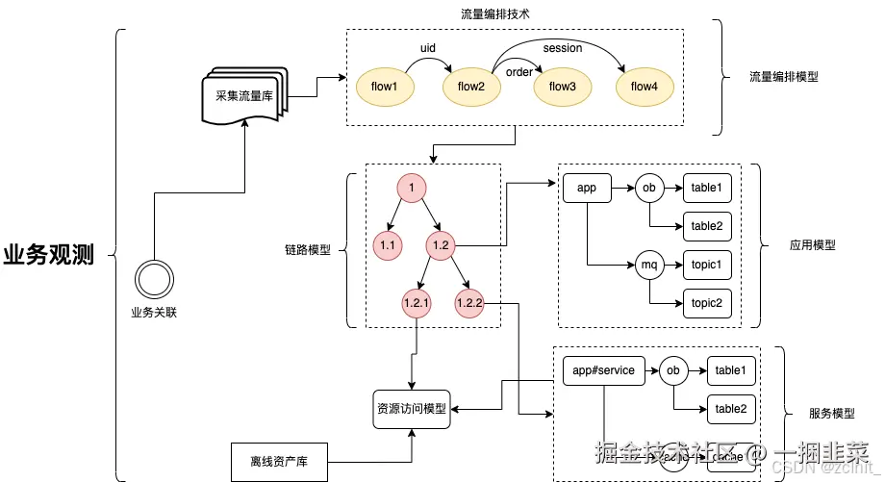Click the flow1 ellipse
click(x=385, y=87)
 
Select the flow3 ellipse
click(x=562, y=87)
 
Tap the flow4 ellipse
click(x=644, y=87)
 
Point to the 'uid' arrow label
click(x=429, y=47)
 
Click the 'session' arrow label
click(x=562, y=48)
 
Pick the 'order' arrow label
click(x=519, y=72)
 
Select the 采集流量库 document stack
click(x=244, y=96)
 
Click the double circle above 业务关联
click(x=153, y=278)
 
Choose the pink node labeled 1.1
click(x=389, y=246)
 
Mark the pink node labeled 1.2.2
click(x=468, y=304)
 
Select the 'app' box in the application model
click(x=587, y=188)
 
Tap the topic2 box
click(x=706, y=303)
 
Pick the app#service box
click(x=603, y=370)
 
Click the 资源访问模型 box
click(x=412, y=409)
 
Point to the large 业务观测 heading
click(x=49, y=256)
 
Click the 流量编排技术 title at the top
click(x=496, y=14)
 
